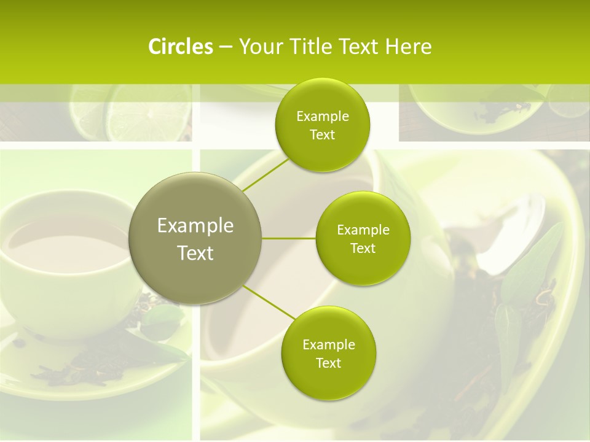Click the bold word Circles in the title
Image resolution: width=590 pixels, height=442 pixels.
180,47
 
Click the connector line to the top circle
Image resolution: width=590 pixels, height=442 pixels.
266,174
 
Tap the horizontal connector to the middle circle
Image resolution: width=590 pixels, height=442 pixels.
288,238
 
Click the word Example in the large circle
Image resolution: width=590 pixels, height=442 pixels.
195,226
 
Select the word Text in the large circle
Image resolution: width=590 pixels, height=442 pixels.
195,253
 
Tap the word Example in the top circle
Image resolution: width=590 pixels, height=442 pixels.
323,117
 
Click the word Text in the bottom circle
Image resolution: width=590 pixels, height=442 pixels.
329,363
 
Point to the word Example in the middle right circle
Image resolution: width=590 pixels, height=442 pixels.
363,230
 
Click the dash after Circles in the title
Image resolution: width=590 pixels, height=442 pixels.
225,47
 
